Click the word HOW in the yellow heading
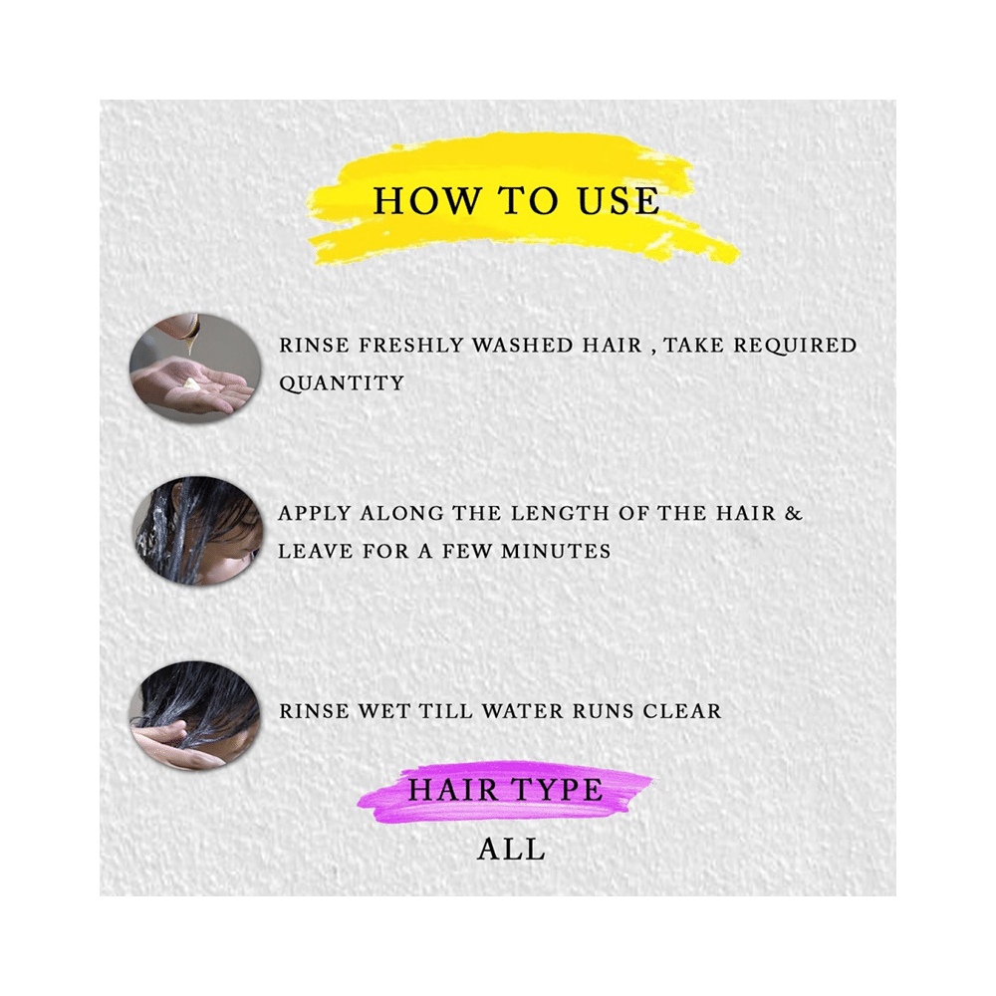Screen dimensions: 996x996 point(426,201)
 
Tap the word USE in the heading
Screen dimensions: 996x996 point(619,201)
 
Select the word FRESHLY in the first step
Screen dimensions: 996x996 point(411,345)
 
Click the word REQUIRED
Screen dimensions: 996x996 point(795,345)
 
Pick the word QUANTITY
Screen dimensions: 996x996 point(342,383)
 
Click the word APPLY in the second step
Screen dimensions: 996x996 point(315,513)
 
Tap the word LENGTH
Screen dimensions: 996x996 point(560,513)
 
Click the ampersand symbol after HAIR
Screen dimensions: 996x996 point(794,513)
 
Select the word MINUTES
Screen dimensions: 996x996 point(556,551)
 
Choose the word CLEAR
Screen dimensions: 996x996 point(682,711)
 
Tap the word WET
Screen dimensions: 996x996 point(383,711)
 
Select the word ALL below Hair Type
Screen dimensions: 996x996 point(511,850)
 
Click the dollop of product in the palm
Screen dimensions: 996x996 point(191,383)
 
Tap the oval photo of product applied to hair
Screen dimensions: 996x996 point(197,531)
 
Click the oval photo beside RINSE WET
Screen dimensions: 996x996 point(195,714)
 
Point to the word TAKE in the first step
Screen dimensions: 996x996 point(694,345)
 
